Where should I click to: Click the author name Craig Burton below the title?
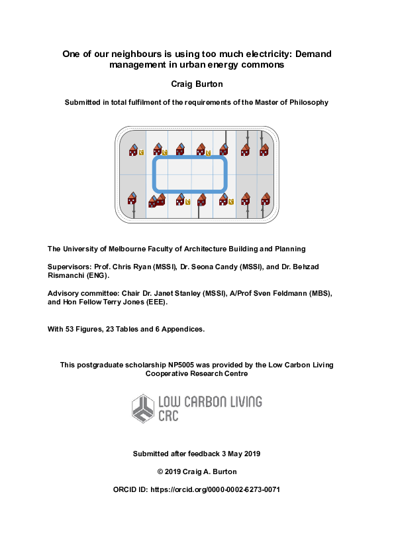(197, 84)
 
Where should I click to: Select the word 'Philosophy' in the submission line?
(307, 103)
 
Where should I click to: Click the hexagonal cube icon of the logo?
(142, 408)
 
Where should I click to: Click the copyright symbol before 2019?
(160, 471)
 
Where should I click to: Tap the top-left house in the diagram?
(133, 151)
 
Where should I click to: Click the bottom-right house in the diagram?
(266, 198)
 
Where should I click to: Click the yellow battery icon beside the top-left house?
(141, 153)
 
